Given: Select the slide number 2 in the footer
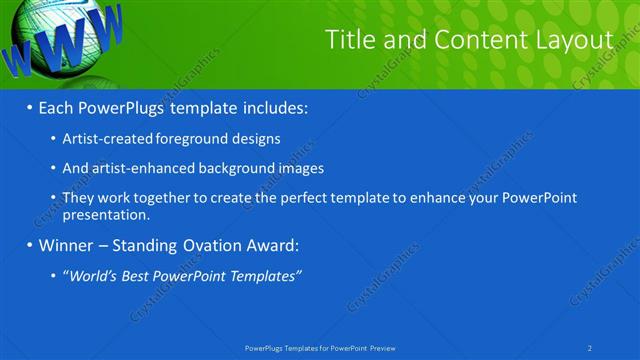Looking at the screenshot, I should click(590, 348).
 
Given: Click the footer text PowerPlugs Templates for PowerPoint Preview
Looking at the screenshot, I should click(320, 348).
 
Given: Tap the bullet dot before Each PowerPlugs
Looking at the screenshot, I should click(29, 106).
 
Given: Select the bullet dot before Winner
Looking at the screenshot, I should click(29, 245).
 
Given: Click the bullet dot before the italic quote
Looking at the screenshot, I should click(53, 275).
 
